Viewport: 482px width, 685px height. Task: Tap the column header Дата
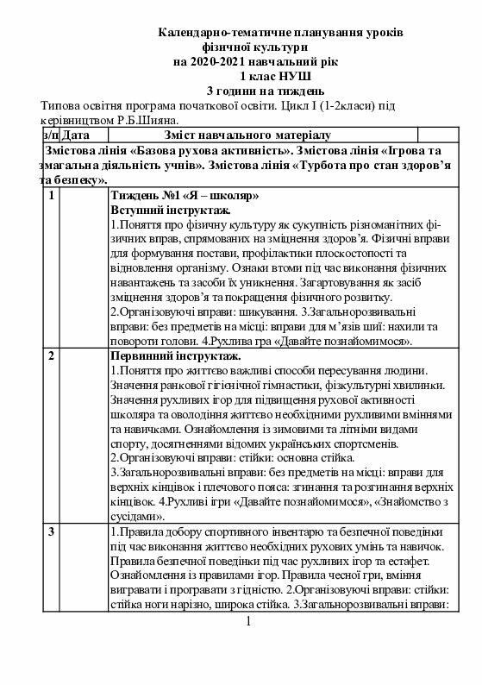pyautogui.click(x=77, y=135)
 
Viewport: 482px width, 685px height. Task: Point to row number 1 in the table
pyautogui.click(x=52, y=195)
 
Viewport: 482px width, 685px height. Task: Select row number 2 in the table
pyautogui.click(x=52, y=355)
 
